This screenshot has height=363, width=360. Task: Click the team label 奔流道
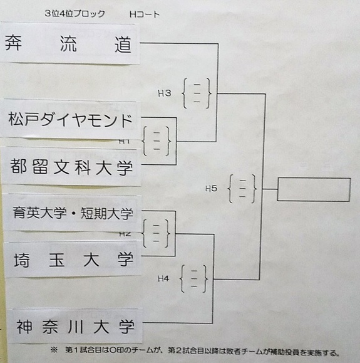pos(68,43)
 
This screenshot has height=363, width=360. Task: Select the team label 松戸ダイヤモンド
pos(70,120)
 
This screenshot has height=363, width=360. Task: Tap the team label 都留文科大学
pos(71,167)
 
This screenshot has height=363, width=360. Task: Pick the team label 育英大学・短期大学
pos(73,213)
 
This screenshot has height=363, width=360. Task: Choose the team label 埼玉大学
pos(73,260)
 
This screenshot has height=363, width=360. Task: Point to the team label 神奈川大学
pos(75,327)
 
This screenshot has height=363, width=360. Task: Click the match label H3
pos(165,93)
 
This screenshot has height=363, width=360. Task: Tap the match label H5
pos(212,189)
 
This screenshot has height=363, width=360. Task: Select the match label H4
pos(163,278)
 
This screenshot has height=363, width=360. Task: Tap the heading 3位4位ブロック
pos(75,14)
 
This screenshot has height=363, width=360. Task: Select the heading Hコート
pos(145,14)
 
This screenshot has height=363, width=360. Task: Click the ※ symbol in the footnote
pos(54,350)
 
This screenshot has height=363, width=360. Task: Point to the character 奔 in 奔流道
pos(13,43)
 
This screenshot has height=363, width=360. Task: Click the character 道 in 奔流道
pos(123,45)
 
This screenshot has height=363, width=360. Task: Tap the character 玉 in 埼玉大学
pos(56,260)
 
